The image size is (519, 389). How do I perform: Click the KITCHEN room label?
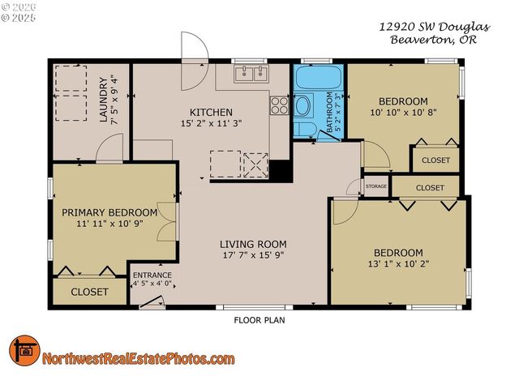(x=211, y=112)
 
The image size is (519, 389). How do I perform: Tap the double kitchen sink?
(x=252, y=75)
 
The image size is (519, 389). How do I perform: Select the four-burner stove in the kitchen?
(x=279, y=105)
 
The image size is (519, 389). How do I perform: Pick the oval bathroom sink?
(x=303, y=105)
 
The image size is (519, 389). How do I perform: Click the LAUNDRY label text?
(x=103, y=99)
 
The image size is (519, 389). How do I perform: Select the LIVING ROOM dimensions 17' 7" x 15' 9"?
(x=254, y=256)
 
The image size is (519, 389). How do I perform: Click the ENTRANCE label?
(x=152, y=276)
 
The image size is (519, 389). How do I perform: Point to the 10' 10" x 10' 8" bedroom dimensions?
(x=403, y=113)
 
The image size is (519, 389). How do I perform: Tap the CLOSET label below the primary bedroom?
(x=89, y=292)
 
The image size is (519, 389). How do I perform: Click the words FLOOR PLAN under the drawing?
(x=259, y=319)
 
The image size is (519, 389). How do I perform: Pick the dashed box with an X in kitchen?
(x=256, y=164)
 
